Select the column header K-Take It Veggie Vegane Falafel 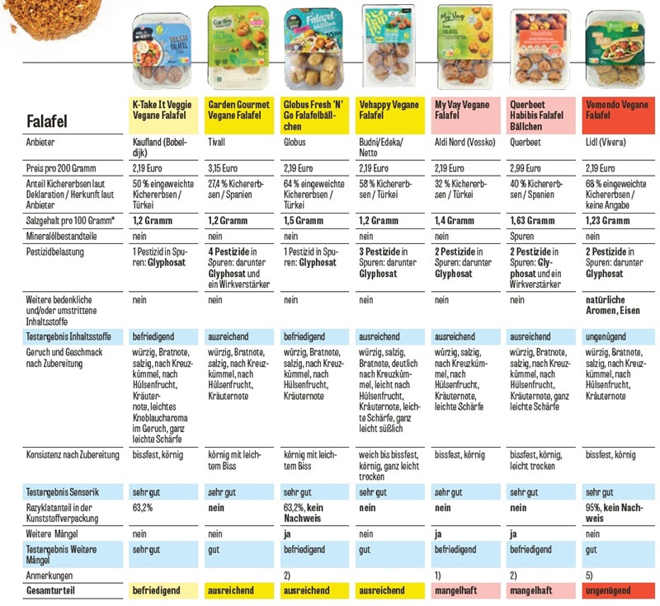pyautogui.click(x=165, y=111)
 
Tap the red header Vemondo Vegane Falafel pyautogui.click(x=616, y=111)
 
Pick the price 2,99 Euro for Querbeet pyautogui.click(x=529, y=168)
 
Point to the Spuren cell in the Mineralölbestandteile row pyautogui.click(x=525, y=235)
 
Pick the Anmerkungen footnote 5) pyautogui.click(x=589, y=575)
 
